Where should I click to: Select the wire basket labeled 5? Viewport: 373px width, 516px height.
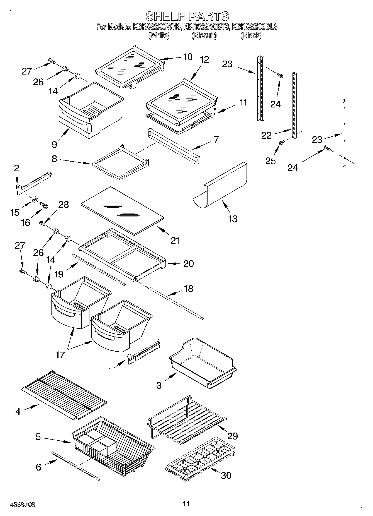click(111, 444)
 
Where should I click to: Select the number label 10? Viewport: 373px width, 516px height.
click(188, 57)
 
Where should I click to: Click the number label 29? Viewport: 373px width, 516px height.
click(233, 436)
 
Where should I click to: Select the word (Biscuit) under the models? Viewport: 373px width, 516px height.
click(204, 35)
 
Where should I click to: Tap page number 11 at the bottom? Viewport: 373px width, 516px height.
click(186, 503)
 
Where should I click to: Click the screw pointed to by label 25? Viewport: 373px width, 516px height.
click(281, 143)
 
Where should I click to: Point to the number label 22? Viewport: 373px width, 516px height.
click(266, 135)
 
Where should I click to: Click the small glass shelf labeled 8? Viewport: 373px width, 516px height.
click(120, 165)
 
